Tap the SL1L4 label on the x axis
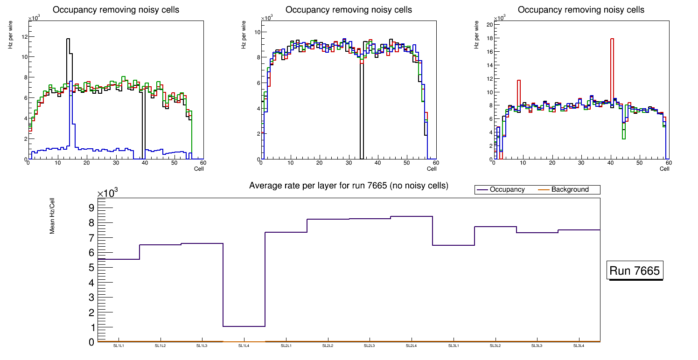pos(244,346)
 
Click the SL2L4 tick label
pos(411,346)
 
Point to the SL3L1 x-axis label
pos(453,346)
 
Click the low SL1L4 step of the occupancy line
pos(244,326)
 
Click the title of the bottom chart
pos(349,186)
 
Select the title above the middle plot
pos(349,10)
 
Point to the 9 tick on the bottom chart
pos(91,208)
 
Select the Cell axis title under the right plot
pos(664,168)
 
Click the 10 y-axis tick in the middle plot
pos(257,32)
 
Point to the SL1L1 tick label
pos(119,346)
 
